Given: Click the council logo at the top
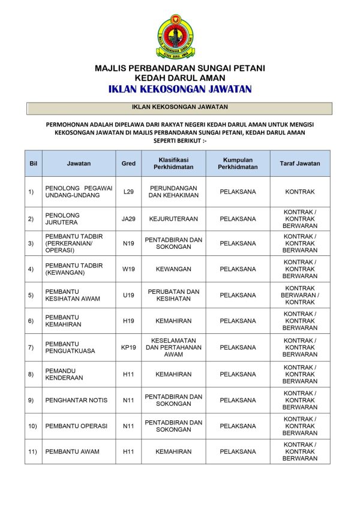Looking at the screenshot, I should click(176, 37).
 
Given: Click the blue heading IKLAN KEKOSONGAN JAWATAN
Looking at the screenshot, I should click(180, 89).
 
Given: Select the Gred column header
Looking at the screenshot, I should click(128, 164).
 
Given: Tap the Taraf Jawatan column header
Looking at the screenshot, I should click(299, 164).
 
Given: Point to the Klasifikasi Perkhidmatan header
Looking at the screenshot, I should click(173, 164).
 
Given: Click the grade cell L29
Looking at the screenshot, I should click(128, 192).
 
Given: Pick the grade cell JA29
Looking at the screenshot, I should click(128, 219).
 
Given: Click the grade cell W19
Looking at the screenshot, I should click(128, 269).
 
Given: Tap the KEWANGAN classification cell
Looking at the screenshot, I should click(173, 269).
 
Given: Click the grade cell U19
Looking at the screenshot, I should click(128, 296).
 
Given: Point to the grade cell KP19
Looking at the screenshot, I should click(128, 348).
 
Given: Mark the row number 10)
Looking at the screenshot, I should click(32, 426).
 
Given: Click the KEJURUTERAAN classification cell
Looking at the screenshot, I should click(173, 219).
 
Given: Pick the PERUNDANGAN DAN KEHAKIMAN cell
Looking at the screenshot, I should click(173, 192).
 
